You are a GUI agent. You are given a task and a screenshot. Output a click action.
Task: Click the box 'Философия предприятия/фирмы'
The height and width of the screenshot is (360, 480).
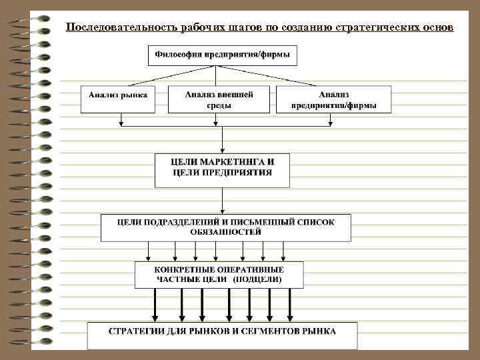[x=222, y=55]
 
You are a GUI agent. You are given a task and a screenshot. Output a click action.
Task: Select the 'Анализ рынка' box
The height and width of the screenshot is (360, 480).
[x=117, y=96]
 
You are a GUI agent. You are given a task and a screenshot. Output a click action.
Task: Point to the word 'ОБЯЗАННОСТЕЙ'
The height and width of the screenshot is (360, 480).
[x=226, y=231]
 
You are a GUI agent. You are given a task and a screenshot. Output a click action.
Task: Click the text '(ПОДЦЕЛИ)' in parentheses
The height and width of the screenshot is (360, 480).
[x=257, y=279]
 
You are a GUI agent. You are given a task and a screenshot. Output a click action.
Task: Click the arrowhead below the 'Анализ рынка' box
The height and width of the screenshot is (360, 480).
[x=121, y=122]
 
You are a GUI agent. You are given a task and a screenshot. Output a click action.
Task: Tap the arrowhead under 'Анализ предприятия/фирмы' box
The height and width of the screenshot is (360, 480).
[x=331, y=122]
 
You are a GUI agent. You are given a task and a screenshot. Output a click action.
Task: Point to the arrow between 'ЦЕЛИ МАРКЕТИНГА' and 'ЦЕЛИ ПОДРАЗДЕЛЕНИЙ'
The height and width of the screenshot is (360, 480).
[x=223, y=200]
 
